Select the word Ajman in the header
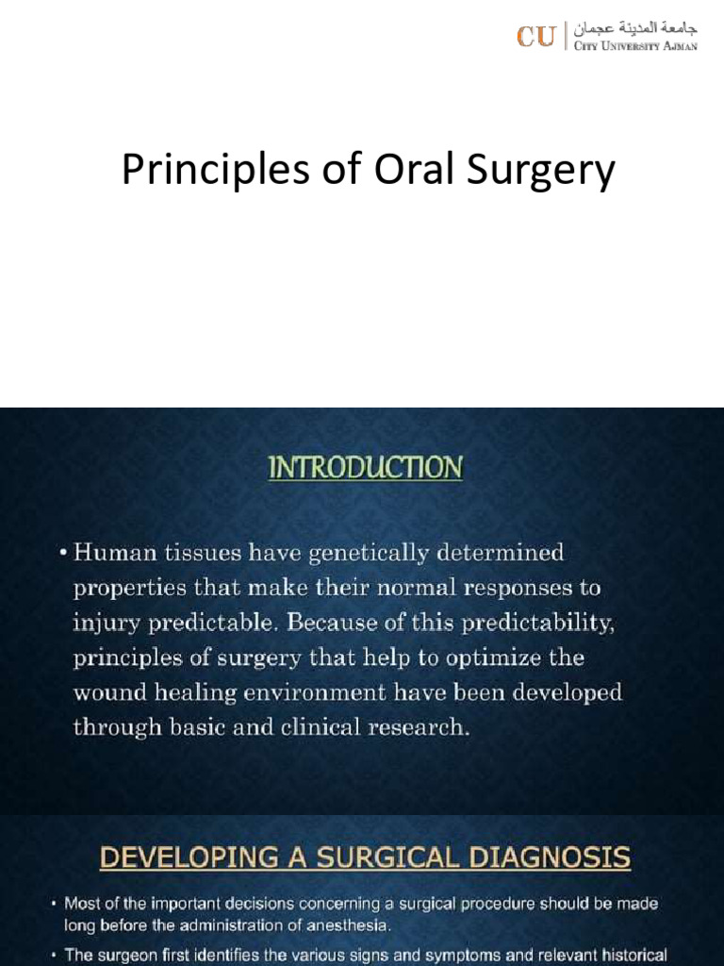click(x=679, y=46)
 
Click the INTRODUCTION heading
click(x=366, y=468)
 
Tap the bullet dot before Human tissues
click(x=62, y=552)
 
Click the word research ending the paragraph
click(x=418, y=727)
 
